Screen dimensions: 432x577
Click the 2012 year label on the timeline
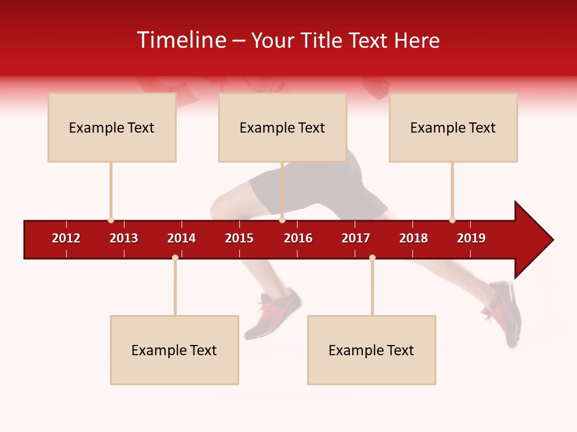click(66, 238)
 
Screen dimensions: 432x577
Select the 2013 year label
click(124, 238)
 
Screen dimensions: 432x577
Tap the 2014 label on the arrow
click(182, 238)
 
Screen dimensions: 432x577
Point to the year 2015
click(239, 238)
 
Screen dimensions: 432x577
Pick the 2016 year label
click(298, 238)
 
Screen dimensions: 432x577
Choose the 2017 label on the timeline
click(356, 238)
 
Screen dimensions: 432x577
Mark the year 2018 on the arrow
click(414, 238)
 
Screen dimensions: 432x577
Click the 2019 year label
click(471, 238)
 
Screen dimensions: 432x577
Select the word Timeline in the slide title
click(181, 40)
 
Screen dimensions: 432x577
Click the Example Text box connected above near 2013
click(112, 127)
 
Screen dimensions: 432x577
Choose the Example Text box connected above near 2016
click(282, 127)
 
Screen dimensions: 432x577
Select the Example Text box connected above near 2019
click(453, 127)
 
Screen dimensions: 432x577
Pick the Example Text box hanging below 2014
click(174, 350)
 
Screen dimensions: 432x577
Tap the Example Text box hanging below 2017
click(371, 350)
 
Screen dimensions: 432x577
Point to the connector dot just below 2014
click(175, 257)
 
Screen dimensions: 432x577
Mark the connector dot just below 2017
click(372, 257)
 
